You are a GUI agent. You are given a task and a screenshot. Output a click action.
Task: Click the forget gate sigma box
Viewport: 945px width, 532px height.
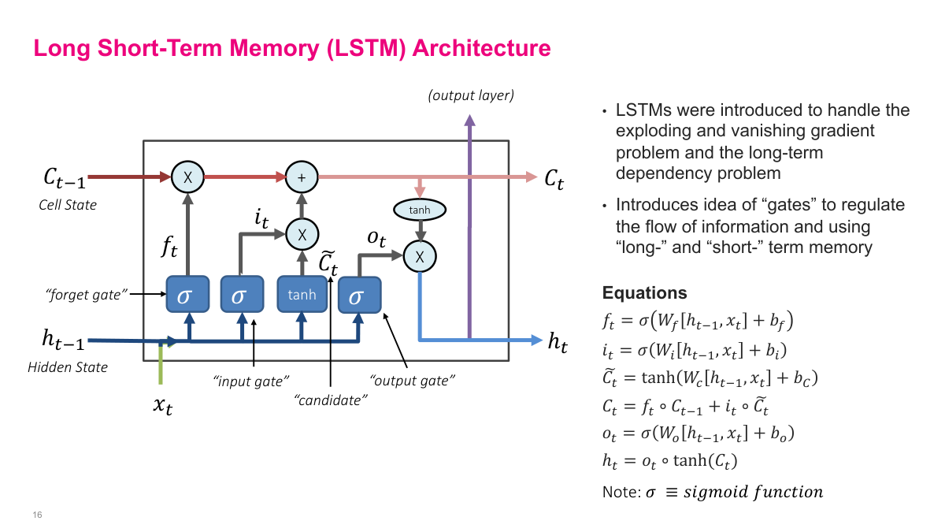tap(187, 296)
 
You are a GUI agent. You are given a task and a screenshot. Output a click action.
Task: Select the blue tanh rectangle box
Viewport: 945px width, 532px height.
tap(302, 295)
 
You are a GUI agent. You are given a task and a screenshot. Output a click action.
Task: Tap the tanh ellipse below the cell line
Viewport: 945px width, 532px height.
tap(420, 210)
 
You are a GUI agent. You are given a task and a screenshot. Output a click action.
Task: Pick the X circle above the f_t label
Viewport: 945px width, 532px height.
tap(187, 178)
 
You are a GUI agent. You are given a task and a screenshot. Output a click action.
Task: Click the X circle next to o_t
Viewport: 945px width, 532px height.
tap(420, 256)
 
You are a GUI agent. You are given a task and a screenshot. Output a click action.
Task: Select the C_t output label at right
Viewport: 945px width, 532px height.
tap(554, 179)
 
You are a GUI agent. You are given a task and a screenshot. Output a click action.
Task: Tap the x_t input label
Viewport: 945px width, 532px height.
tap(162, 406)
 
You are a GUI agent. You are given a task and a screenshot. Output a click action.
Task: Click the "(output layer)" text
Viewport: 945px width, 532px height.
tap(470, 96)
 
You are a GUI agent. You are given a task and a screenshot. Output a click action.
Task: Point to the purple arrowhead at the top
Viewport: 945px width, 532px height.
tap(470, 120)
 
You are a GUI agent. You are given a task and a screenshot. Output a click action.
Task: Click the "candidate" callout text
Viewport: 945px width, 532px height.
tap(332, 400)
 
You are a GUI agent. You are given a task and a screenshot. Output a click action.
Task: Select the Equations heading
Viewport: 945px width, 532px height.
tap(644, 293)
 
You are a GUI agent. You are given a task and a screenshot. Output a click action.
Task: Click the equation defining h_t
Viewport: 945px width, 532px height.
tap(669, 462)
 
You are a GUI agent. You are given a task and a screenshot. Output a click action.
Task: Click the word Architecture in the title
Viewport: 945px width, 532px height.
tap(481, 49)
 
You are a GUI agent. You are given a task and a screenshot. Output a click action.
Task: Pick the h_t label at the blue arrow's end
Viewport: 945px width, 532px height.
tap(558, 341)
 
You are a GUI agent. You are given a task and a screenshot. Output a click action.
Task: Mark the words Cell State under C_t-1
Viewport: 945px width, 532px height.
tap(68, 205)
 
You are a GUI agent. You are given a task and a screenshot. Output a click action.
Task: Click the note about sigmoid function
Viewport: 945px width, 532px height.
tap(712, 493)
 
